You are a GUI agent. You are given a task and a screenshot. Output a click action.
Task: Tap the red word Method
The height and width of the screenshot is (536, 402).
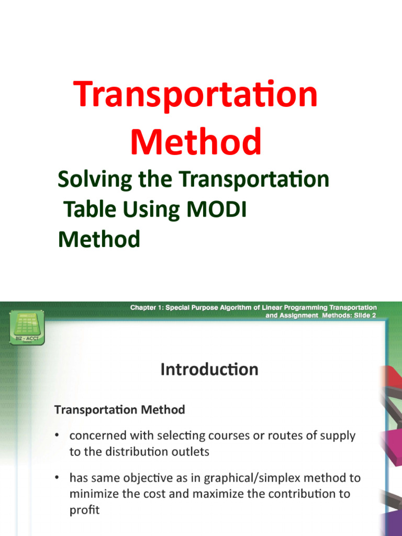pyautogui.click(x=196, y=142)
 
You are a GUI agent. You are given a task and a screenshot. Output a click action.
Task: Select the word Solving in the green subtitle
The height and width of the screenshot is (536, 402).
pyautogui.click(x=95, y=180)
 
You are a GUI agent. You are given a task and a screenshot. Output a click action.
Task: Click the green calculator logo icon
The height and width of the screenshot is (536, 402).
pyautogui.click(x=26, y=325)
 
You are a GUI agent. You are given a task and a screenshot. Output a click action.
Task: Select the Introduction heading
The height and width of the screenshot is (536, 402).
pyautogui.click(x=209, y=370)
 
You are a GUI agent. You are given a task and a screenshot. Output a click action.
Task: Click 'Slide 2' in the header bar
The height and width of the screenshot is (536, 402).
pyautogui.click(x=363, y=316)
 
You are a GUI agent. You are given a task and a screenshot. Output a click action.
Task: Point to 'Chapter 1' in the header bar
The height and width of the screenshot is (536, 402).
pyautogui.click(x=146, y=308)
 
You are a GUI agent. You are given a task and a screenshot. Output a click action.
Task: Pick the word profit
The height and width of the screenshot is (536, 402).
pyautogui.click(x=84, y=509)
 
